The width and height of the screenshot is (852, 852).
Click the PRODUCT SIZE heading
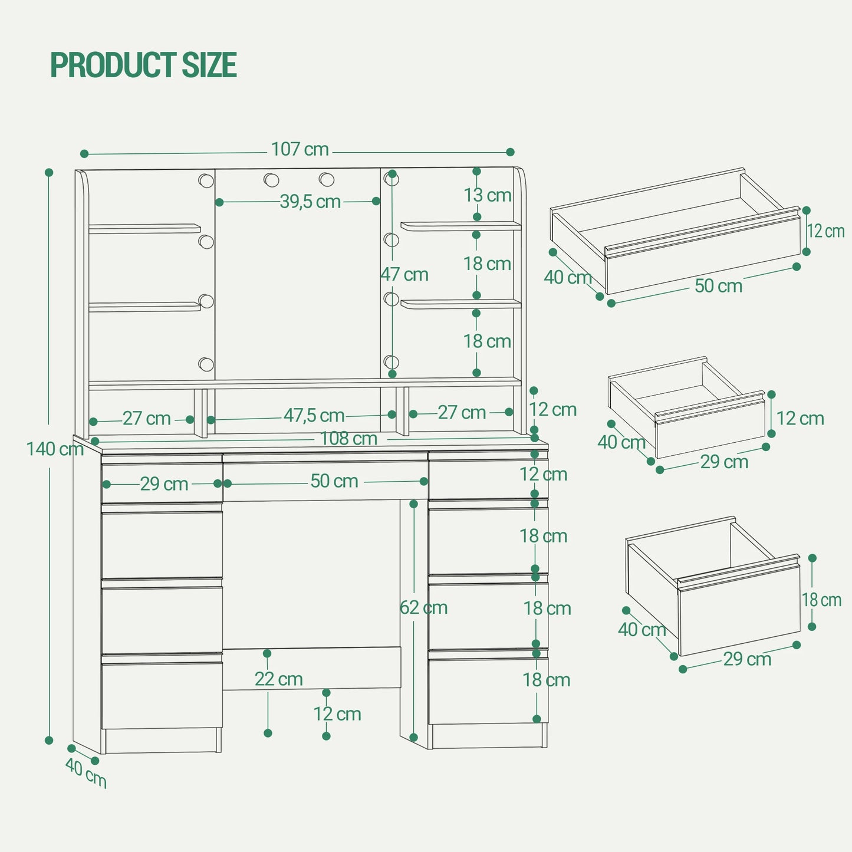click(x=144, y=64)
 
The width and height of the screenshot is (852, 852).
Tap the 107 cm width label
click(x=300, y=149)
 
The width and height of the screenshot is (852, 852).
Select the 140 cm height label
click(x=55, y=449)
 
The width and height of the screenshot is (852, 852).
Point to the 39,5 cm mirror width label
click(x=310, y=202)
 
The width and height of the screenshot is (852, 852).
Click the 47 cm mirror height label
click(x=404, y=275)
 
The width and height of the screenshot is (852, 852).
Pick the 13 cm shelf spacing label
click(x=488, y=195)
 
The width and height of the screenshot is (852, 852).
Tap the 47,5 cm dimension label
click(x=314, y=415)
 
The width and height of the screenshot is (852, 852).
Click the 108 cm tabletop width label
click(x=349, y=439)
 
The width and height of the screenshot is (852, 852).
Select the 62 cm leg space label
click(x=423, y=607)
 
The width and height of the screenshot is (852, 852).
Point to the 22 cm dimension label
click(x=278, y=679)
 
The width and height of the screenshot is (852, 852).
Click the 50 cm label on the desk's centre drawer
click(x=334, y=481)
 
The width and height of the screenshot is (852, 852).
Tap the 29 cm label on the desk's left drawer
click(x=165, y=484)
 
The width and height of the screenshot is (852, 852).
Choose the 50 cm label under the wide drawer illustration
click(x=719, y=285)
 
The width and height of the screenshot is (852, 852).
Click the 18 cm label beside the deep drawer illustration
click(x=821, y=600)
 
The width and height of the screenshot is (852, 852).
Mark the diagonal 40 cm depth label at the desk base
click(x=86, y=772)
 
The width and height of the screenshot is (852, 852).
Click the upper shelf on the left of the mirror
click(x=144, y=229)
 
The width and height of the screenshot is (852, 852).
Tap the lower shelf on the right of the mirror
click(x=461, y=304)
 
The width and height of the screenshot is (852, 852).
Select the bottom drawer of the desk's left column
click(x=162, y=695)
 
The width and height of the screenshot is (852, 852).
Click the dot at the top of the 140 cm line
click(x=49, y=172)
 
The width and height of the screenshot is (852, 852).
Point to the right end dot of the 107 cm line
click(x=510, y=152)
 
